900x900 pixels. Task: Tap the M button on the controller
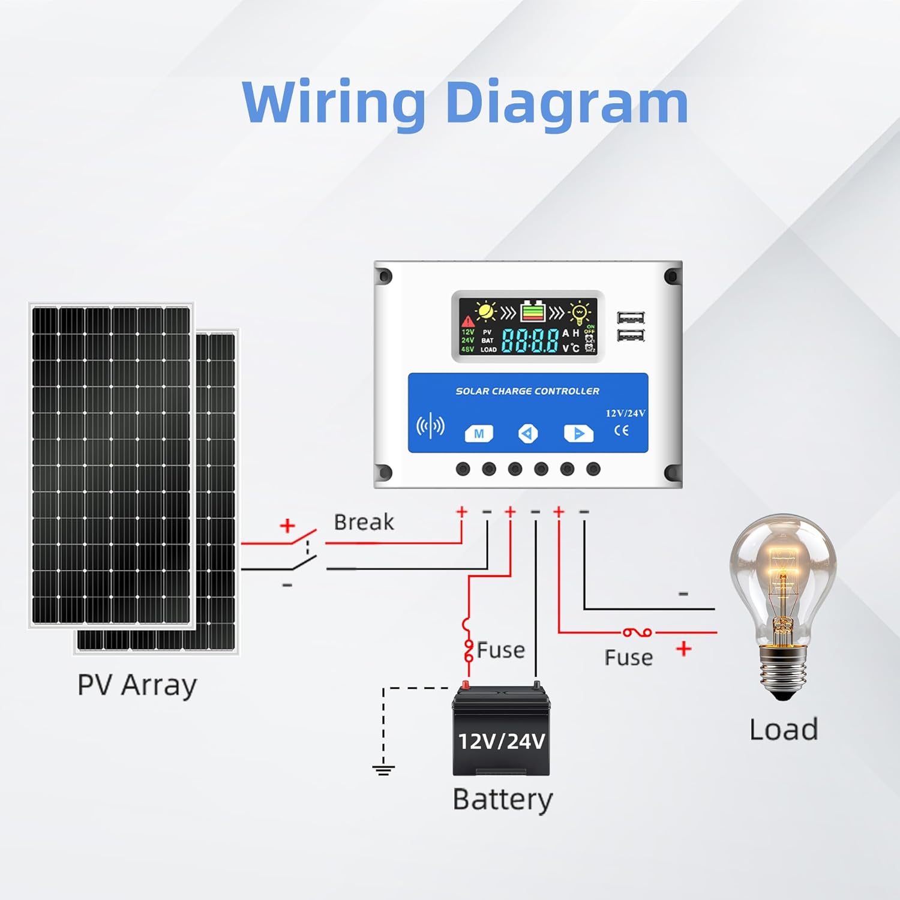479,433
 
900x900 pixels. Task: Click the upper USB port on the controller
631,318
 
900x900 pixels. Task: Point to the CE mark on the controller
622,430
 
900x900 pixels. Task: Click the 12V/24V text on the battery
502,742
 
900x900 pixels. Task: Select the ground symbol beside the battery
383,769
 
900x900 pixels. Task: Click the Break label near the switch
364,522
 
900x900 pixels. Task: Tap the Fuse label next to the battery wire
501,650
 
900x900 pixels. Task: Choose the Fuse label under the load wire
628,658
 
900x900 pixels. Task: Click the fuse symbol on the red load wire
637,632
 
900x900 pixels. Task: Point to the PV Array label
137,685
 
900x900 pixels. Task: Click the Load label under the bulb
784,730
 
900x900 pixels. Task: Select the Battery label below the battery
502,800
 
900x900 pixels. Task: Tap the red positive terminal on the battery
466,685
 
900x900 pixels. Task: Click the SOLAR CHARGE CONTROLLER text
527,391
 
